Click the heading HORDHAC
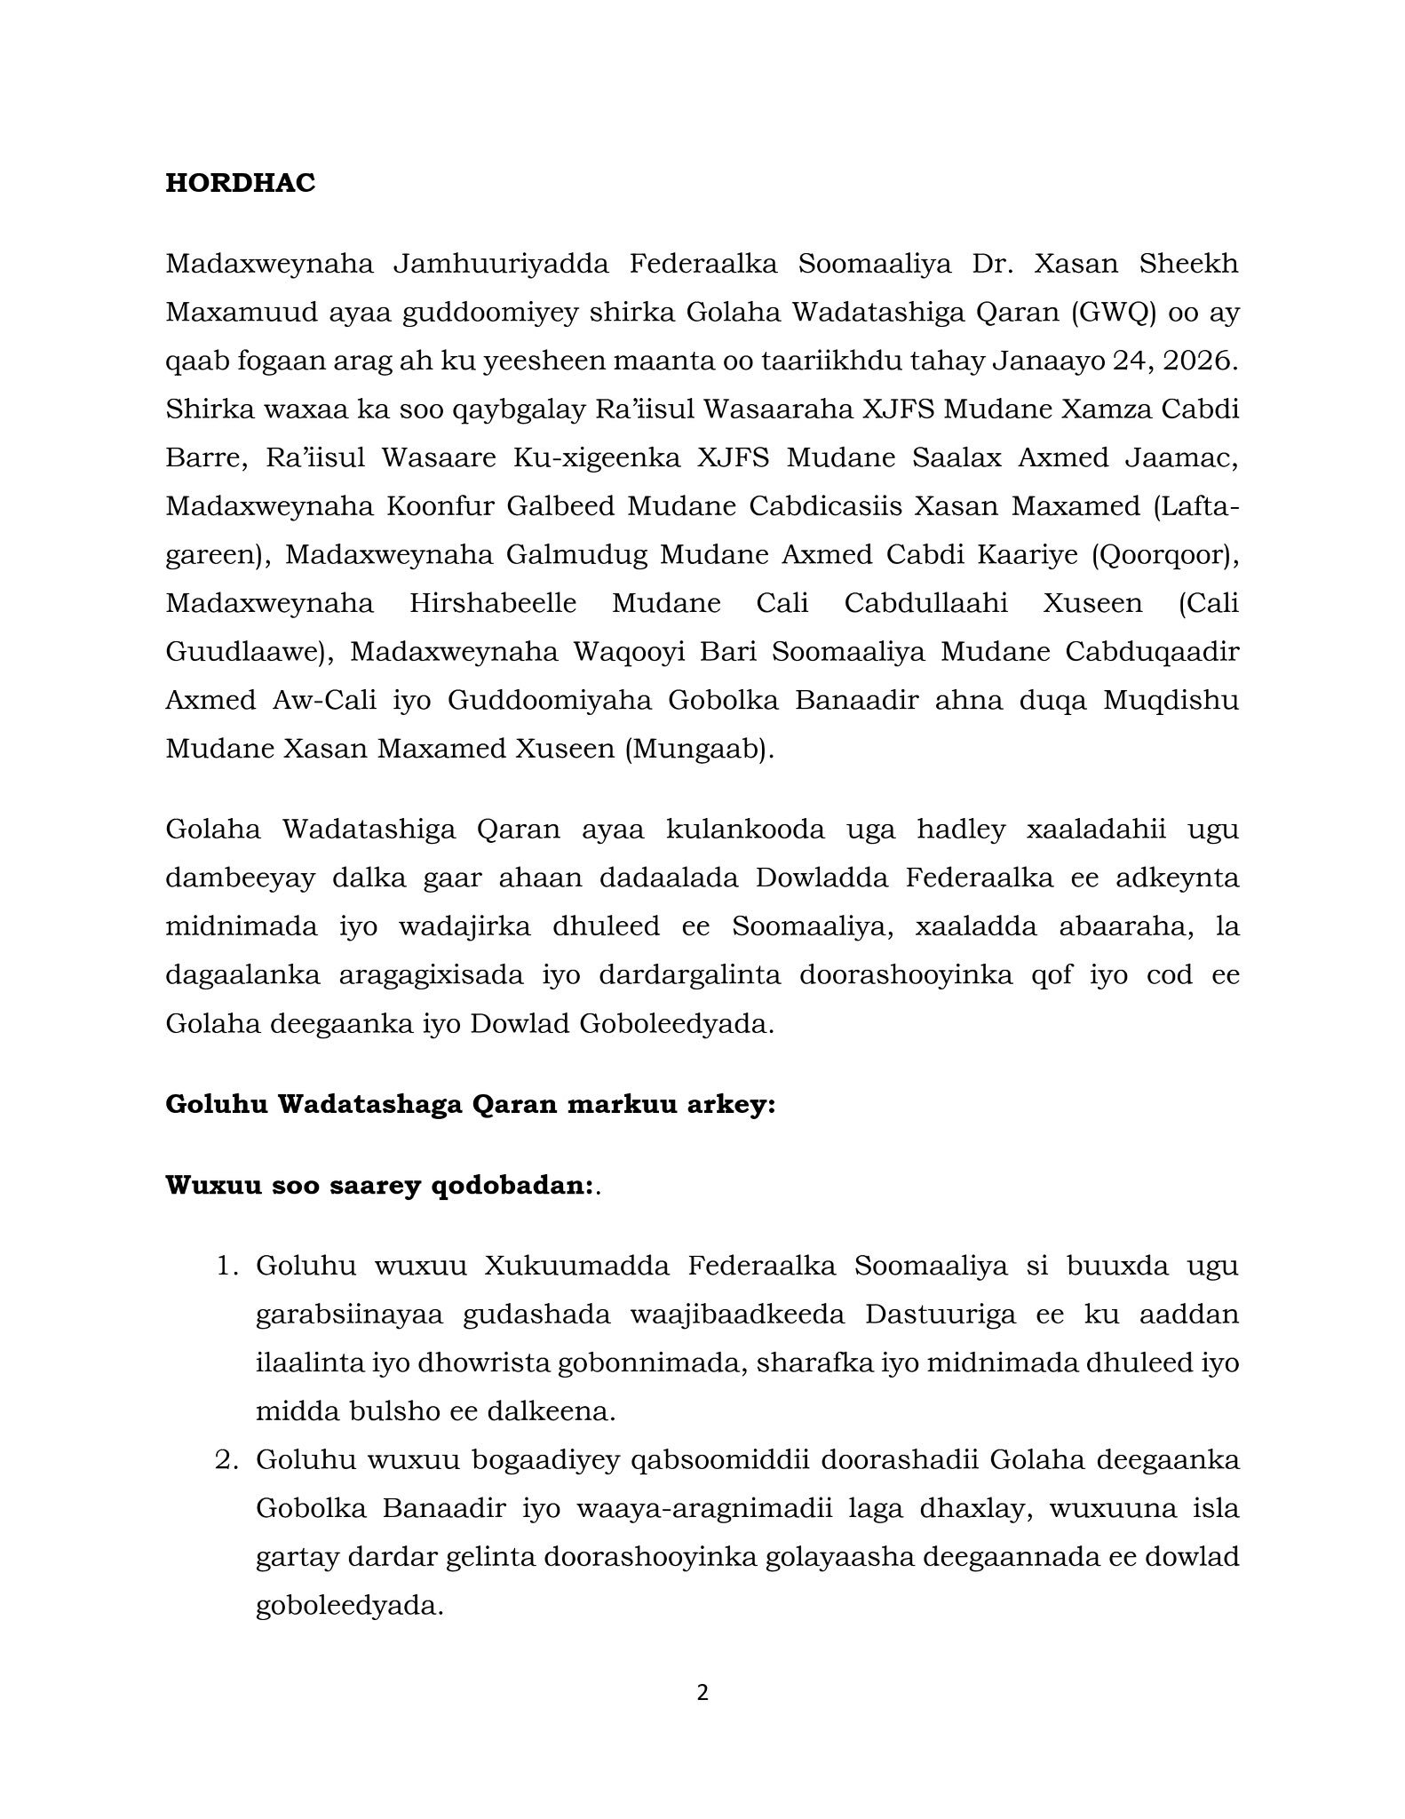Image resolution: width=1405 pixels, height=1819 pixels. coord(240,183)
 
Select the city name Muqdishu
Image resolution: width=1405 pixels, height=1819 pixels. coord(1171,701)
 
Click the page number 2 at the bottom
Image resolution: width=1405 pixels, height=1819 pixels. coord(702,1693)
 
